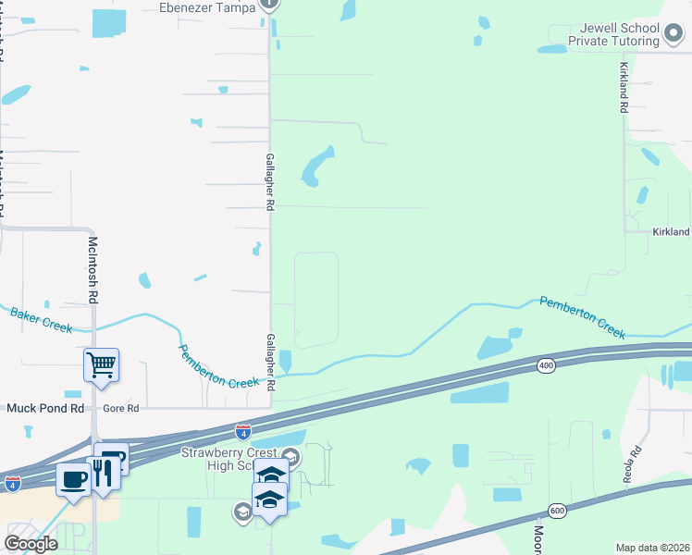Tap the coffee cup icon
73,479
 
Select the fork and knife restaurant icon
102,472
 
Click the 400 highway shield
546,366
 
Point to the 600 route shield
557,510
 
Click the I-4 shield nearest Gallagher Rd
242,432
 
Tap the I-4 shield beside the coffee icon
12,483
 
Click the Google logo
31,543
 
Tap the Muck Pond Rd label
45,408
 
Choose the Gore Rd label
120,408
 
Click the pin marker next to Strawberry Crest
290,455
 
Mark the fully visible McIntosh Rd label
93,271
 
